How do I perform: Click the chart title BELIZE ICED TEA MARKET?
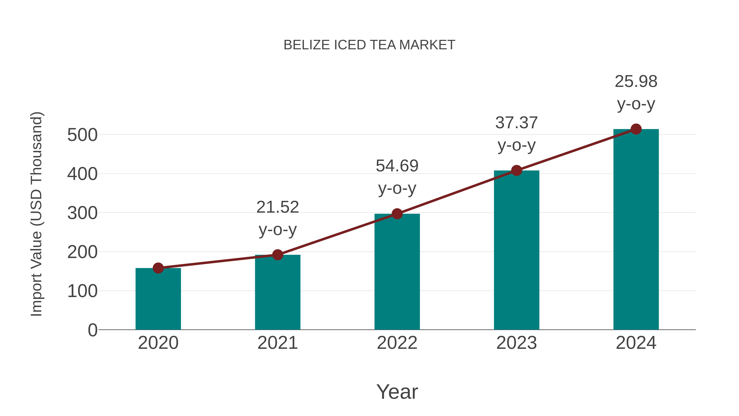coord(369,45)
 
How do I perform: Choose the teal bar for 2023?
coord(516,250)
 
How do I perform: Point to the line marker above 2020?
coord(158,268)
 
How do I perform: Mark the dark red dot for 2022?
coord(397,214)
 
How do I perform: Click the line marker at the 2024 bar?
coord(636,129)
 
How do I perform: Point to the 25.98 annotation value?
coord(636,82)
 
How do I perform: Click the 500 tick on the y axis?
coord(82,135)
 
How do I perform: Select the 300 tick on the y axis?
coord(82,213)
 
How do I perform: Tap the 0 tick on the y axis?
coord(92,330)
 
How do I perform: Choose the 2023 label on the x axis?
coord(516,343)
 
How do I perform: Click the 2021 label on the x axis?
coord(277,343)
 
